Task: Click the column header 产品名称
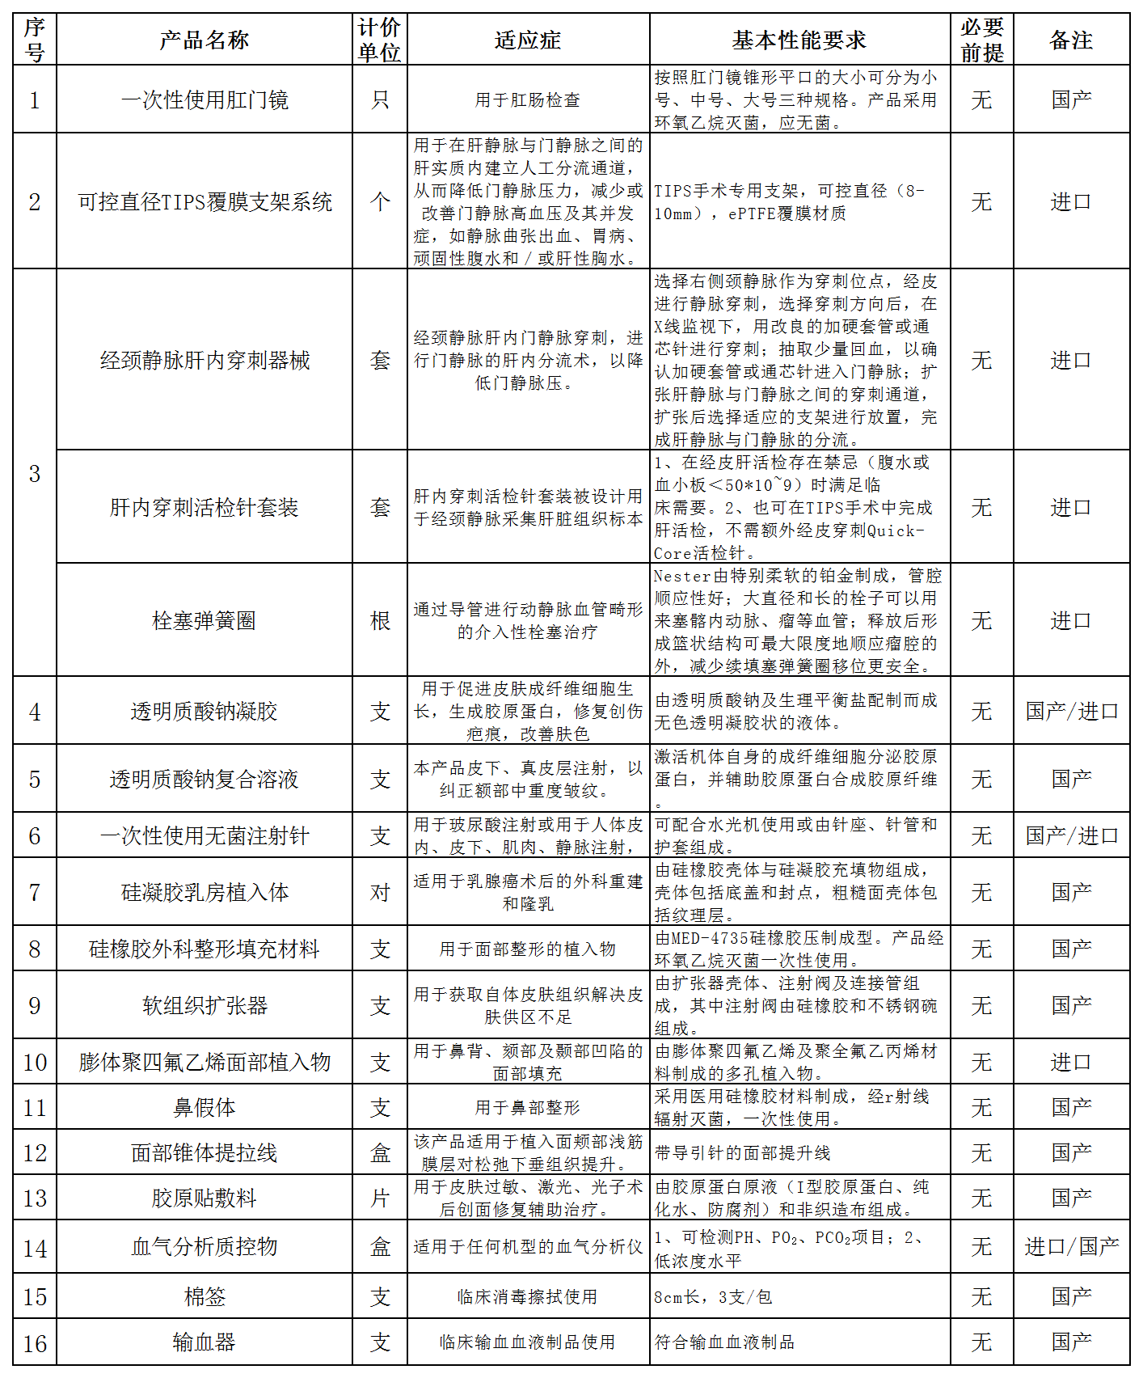coord(204,40)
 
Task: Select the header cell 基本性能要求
coord(799,40)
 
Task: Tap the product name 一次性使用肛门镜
coord(204,99)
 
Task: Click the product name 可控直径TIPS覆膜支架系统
coord(204,201)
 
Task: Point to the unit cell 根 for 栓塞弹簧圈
coord(380,620)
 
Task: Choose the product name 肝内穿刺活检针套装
coord(204,507)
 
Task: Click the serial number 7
coord(35,892)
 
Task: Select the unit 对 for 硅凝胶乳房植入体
coord(380,892)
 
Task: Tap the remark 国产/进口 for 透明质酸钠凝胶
coord(1071,711)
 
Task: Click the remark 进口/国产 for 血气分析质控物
coord(1071,1246)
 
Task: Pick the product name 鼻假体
coord(204,1107)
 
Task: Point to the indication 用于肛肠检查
coord(527,99)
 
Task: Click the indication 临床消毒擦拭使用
coord(527,1296)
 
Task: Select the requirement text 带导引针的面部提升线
coord(742,1152)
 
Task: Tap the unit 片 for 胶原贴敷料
coord(380,1198)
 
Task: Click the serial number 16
coord(35,1343)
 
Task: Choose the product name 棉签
coord(204,1296)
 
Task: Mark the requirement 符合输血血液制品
coord(724,1342)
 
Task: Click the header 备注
coord(1071,40)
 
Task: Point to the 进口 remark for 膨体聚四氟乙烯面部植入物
coord(1071,1062)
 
